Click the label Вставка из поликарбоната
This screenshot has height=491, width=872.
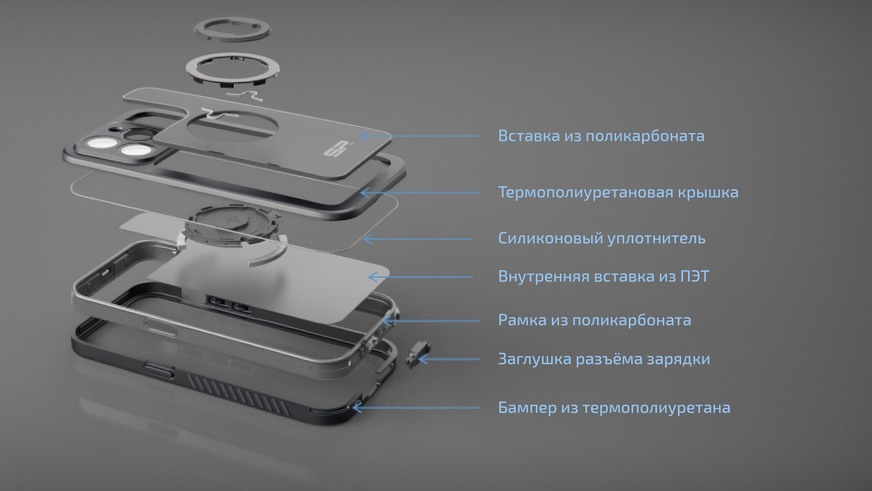click(x=601, y=136)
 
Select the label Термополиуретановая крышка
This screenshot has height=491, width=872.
click(x=618, y=192)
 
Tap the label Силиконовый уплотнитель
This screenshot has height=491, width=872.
click(x=602, y=238)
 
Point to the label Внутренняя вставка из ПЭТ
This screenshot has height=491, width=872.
click(x=604, y=277)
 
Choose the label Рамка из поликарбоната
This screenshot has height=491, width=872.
click(x=594, y=320)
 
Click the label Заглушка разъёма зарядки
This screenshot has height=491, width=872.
click(x=604, y=359)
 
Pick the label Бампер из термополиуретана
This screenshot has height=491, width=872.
click(x=614, y=408)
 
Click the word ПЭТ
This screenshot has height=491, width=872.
click(x=695, y=276)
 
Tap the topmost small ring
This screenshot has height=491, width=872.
click(x=232, y=29)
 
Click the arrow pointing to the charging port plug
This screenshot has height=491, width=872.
click(x=449, y=359)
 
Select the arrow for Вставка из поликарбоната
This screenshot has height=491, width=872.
click(x=420, y=136)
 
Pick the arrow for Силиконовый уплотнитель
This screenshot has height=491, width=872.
click(x=418, y=239)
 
